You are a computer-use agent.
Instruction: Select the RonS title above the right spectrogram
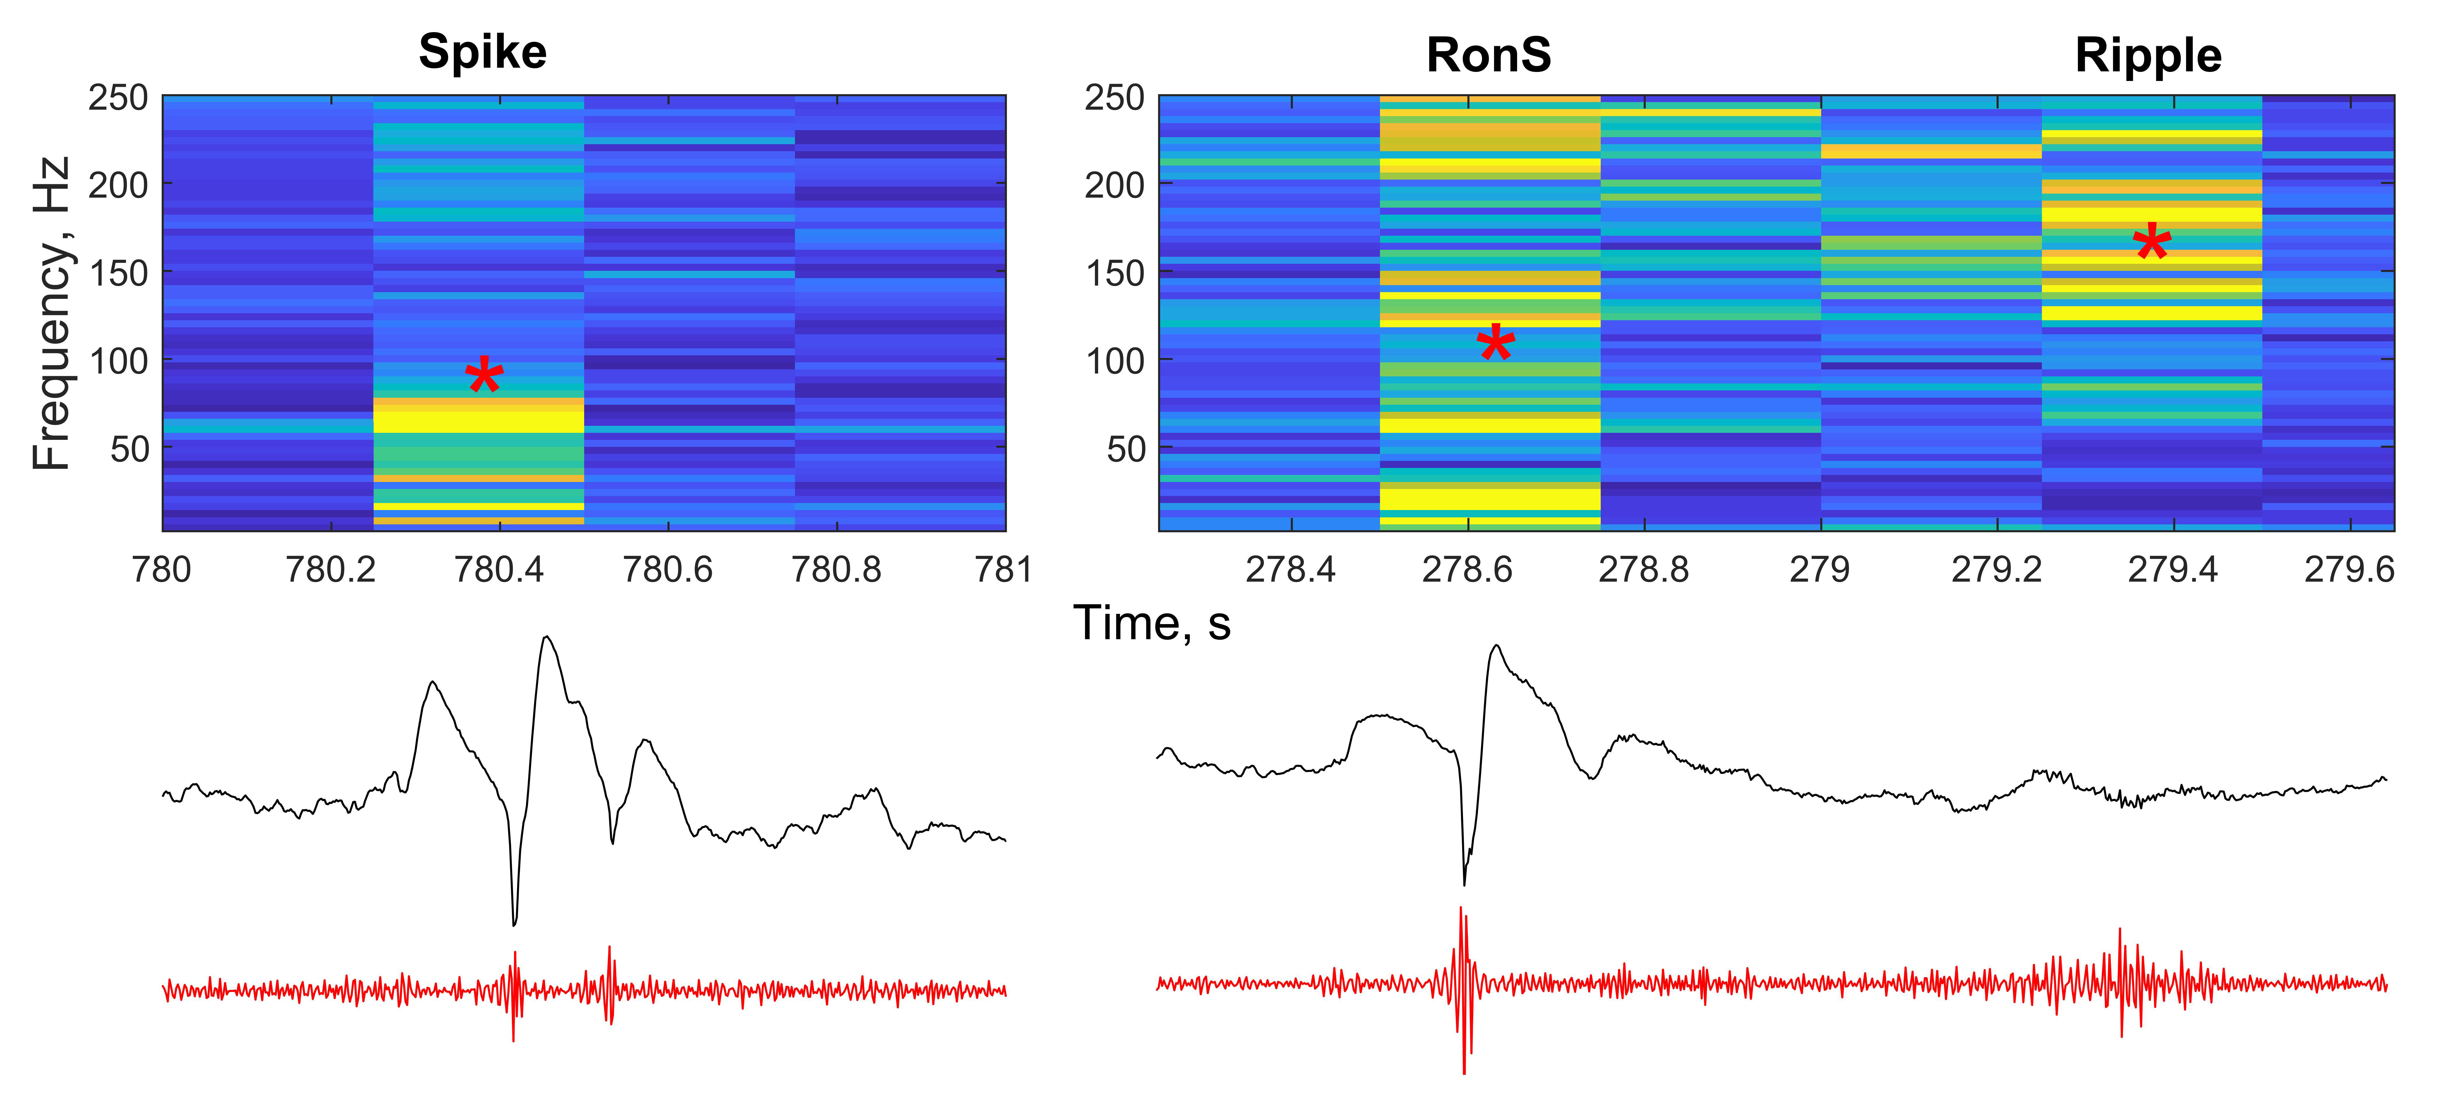pyautogui.click(x=1488, y=55)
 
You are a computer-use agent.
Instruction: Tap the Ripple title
pyautogui.click(x=2148, y=55)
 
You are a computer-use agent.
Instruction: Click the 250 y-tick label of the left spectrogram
pyautogui.click(x=119, y=98)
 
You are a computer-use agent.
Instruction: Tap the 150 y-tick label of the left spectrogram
pyautogui.click(x=119, y=274)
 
